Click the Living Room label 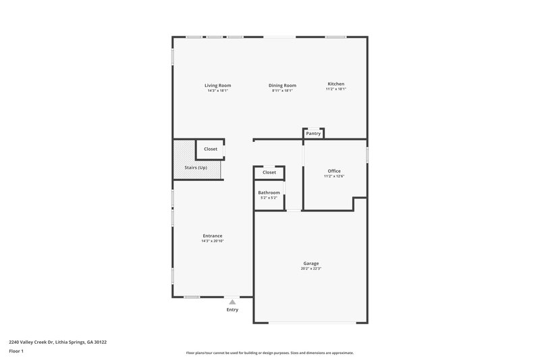tap(218, 86)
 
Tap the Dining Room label tap(282, 86)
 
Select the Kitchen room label tap(335, 84)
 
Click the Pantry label tap(313, 134)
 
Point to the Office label tap(334, 171)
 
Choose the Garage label tap(310, 263)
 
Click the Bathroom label tap(269, 192)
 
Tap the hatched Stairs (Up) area tap(196, 168)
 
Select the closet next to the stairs tap(211, 149)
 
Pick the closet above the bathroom tap(269, 172)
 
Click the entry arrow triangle tap(232, 302)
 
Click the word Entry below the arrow tap(232, 310)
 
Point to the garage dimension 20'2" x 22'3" tap(310, 269)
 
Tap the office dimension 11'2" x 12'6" tap(334, 176)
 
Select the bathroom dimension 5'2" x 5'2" tap(269, 198)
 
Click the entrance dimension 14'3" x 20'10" tap(212, 241)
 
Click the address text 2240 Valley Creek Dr tap(57, 342)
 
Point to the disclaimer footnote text tap(269, 353)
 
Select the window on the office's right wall tap(367, 155)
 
